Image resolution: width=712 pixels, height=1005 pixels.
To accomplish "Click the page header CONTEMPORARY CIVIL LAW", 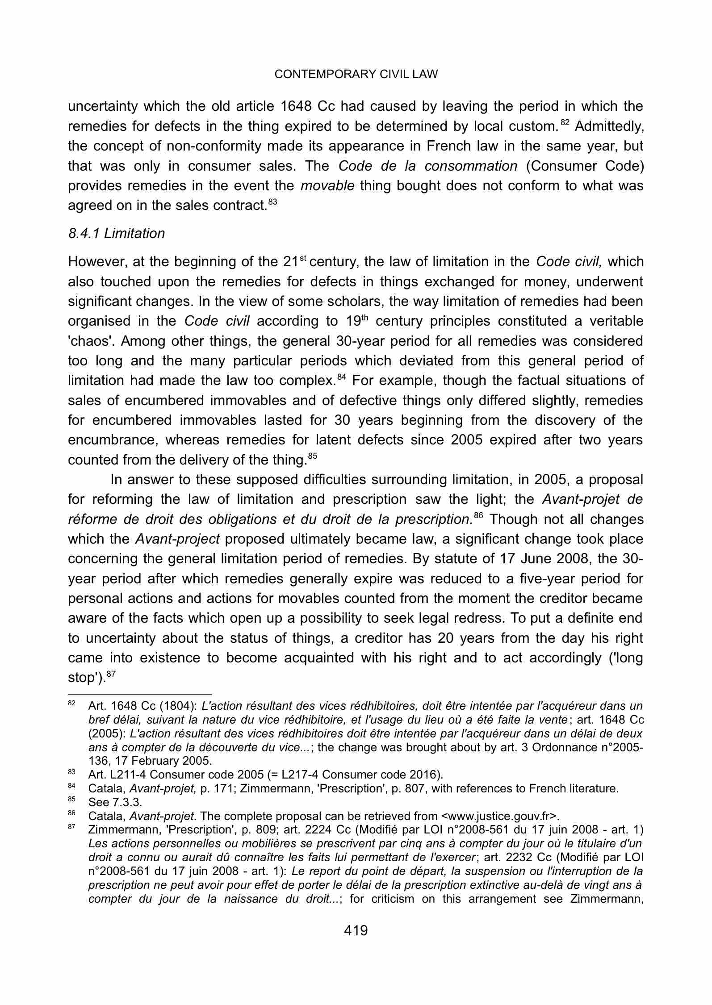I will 356,75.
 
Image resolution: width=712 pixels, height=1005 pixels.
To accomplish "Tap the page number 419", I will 356,931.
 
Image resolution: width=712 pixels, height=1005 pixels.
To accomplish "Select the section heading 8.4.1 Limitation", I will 116,234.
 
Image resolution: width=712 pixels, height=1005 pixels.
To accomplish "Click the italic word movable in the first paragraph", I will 327,186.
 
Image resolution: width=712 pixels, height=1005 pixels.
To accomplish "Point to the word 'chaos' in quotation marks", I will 86,341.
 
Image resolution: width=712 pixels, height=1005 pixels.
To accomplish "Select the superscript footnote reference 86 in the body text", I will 478,516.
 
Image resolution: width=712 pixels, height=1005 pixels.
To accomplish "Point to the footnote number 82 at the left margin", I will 71,703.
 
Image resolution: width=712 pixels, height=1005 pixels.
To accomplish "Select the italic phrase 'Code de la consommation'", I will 427,166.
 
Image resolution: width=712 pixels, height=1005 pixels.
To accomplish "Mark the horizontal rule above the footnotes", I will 139,695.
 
